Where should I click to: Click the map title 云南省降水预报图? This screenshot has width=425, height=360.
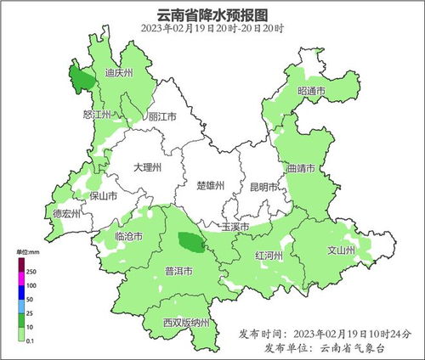[212, 14]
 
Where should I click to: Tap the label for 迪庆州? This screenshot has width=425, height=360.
[118, 73]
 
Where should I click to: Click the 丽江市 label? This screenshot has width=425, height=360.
[161, 116]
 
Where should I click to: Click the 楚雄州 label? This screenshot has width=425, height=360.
[209, 185]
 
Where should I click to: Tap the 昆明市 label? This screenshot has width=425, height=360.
[264, 186]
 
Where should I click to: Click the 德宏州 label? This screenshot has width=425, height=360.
[66, 214]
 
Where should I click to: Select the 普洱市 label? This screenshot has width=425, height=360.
[178, 272]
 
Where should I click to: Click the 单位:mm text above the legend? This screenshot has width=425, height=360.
[29, 253]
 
